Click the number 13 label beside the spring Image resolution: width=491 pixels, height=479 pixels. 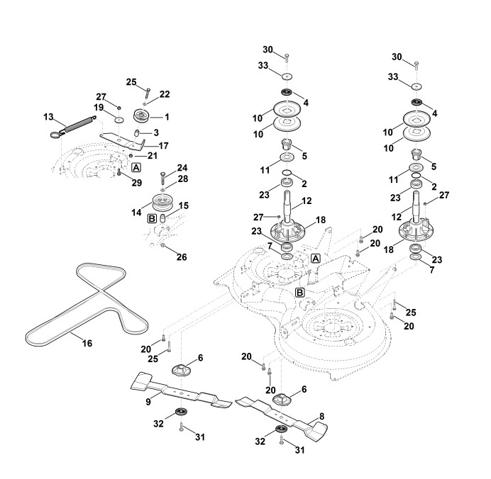click(x=48, y=116)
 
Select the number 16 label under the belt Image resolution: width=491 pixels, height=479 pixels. click(x=87, y=343)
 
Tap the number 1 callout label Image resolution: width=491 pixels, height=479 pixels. click(x=167, y=116)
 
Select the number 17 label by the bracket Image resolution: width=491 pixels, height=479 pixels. click(x=163, y=145)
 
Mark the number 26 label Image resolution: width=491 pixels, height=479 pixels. click(x=181, y=257)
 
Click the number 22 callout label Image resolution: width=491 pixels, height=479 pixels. click(x=165, y=94)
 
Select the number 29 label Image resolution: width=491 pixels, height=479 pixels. click(x=136, y=182)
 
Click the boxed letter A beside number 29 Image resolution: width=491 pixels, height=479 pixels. click(x=136, y=167)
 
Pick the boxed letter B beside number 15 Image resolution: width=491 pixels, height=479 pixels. click(x=152, y=220)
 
